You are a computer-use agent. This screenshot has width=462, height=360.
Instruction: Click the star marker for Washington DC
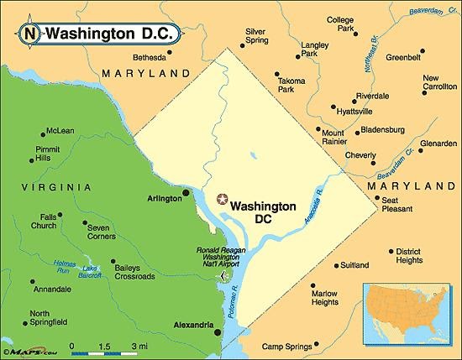[222, 199]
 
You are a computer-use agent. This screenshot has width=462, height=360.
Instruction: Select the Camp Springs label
[286, 346]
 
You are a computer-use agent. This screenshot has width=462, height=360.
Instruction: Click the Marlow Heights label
[325, 299]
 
